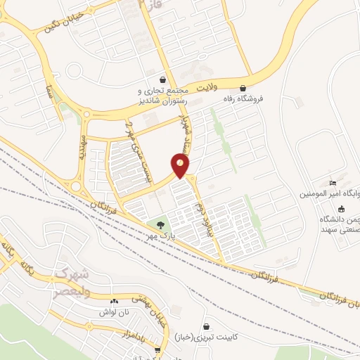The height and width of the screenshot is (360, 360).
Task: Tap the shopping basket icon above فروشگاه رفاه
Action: click(x=243, y=89)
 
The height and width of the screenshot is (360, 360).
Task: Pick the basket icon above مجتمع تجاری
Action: click(x=163, y=79)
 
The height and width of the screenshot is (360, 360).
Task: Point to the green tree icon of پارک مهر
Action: click(x=161, y=226)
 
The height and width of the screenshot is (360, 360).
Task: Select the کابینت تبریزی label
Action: click(x=206, y=338)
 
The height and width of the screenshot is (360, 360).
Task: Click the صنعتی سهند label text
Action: click(x=340, y=229)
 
